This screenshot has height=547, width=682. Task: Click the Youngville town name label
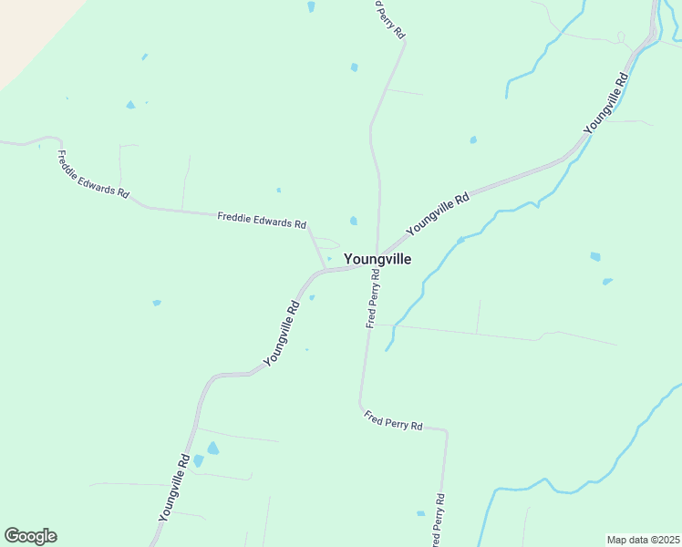click(377, 259)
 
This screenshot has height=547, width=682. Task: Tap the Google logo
click(30, 536)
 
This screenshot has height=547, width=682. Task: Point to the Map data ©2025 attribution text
click(643, 539)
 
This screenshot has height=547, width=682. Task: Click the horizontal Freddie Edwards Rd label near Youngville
click(262, 220)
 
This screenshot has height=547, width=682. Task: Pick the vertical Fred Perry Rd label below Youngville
click(373, 298)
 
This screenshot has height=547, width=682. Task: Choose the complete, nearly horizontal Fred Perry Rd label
click(394, 421)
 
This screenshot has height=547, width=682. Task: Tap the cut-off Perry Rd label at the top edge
click(391, 18)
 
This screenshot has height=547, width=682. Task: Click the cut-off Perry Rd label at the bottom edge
click(440, 518)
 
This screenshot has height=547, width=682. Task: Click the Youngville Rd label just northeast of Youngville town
click(438, 212)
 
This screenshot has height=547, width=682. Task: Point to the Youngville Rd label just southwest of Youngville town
click(282, 335)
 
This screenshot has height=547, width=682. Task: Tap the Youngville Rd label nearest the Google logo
click(173, 488)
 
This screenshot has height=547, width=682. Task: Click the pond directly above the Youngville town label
click(353, 221)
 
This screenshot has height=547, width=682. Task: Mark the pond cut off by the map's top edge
click(311, 6)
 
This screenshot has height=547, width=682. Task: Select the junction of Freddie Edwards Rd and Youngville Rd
click(325, 269)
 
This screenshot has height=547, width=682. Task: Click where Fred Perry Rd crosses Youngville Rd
click(377, 257)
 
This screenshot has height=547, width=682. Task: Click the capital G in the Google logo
click(12, 535)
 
